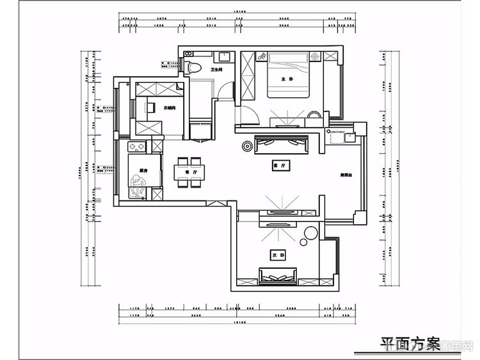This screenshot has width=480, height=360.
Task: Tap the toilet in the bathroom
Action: click(196, 67)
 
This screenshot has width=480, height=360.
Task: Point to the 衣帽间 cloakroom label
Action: click(170, 107)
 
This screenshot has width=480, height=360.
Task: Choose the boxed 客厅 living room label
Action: click(278, 166)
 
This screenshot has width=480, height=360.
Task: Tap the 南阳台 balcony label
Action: click(347, 174)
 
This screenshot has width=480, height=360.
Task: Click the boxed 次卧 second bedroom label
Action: click(276, 254)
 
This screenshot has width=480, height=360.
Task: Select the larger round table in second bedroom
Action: click(311, 231)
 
